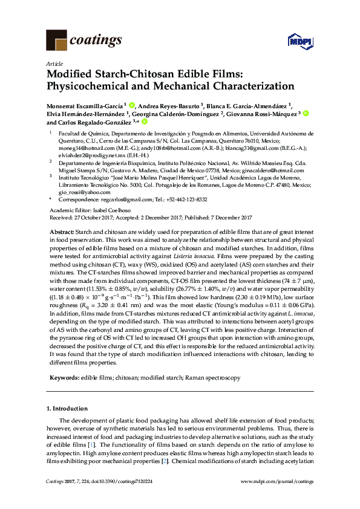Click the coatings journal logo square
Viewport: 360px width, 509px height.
click(x=56, y=40)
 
